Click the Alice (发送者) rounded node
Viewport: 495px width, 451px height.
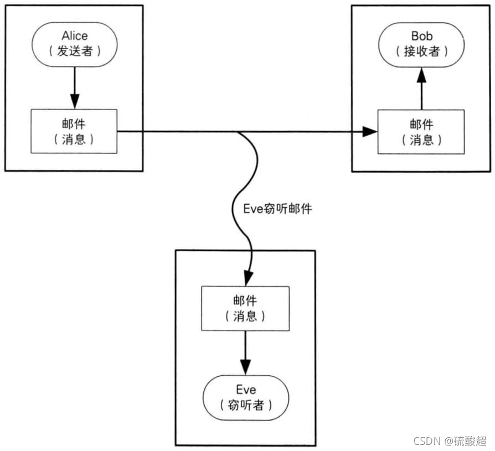click(x=74, y=44)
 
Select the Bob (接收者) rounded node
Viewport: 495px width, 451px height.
click(x=422, y=44)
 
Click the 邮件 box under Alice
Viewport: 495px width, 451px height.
click(x=74, y=131)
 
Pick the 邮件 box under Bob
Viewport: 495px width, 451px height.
click(x=422, y=131)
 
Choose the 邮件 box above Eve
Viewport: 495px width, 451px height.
click(x=245, y=308)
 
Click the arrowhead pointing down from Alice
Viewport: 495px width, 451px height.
click(x=74, y=101)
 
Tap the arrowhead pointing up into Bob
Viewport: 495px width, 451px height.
click(x=422, y=74)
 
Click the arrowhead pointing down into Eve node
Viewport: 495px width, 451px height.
click(x=245, y=366)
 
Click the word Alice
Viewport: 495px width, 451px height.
click(x=74, y=36)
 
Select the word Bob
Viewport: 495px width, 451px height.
click(x=422, y=36)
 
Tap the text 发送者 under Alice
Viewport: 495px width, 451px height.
click(x=74, y=51)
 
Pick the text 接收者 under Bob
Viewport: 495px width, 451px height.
click(x=422, y=51)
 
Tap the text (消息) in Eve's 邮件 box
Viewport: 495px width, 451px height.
click(x=245, y=316)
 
